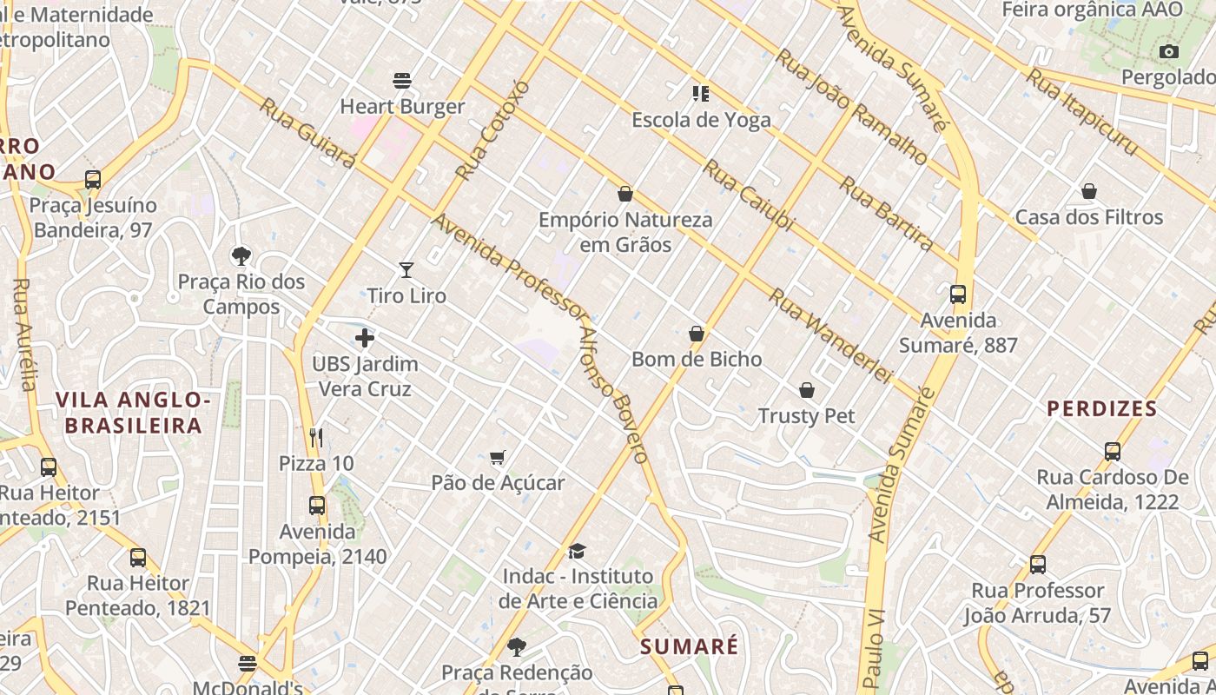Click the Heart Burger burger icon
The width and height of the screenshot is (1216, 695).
[401, 81]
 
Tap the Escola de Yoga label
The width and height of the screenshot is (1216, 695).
[701, 120]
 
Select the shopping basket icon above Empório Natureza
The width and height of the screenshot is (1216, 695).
[625, 194]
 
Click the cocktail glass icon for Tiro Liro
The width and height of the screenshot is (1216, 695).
[406, 270]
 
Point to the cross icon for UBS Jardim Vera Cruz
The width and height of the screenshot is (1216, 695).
[365, 338]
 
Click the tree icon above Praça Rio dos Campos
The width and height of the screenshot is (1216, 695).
[241, 255]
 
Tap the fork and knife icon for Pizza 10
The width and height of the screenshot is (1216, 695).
[316, 437]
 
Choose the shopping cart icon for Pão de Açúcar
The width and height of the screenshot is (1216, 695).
[498, 457]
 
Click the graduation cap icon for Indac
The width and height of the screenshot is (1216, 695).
[577, 551]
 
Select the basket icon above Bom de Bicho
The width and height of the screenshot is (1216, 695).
[696, 334]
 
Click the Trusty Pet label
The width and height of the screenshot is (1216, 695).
[806, 416]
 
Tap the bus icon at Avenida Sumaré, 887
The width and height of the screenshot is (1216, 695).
[958, 295]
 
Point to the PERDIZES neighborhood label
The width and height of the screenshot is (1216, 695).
[1101, 408]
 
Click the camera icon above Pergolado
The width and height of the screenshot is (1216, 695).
[1169, 52]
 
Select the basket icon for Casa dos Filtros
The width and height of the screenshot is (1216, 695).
[1088, 191]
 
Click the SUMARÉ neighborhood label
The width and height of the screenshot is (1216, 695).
[690, 646]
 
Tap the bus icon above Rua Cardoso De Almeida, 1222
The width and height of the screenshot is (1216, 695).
[1113, 451]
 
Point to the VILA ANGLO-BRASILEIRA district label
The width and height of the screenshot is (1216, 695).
[134, 413]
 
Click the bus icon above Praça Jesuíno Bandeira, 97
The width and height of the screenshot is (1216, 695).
[93, 180]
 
